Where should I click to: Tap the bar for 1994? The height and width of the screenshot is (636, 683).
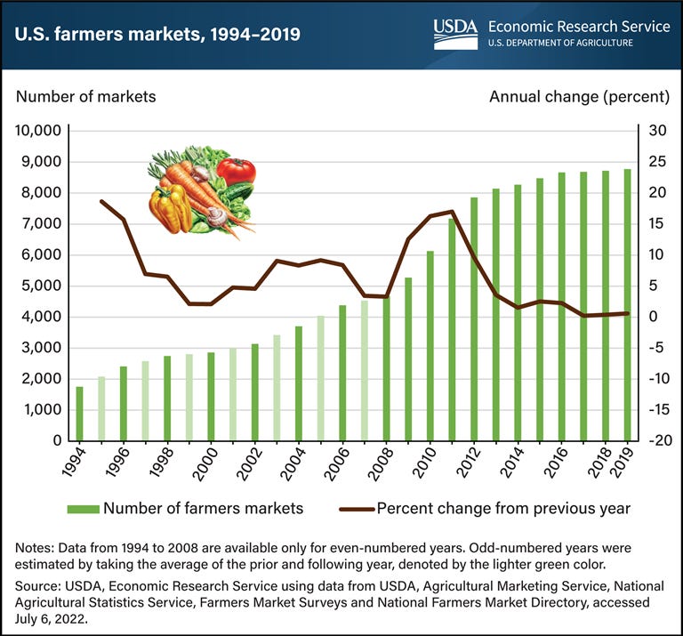point(79,414)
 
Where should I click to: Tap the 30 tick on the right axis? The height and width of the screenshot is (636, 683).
point(656,131)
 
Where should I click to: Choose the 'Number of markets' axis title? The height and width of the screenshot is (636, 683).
point(85,96)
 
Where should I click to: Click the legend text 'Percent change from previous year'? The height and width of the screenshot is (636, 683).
point(504,509)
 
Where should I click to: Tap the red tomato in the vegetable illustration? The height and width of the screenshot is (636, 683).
point(236,169)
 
